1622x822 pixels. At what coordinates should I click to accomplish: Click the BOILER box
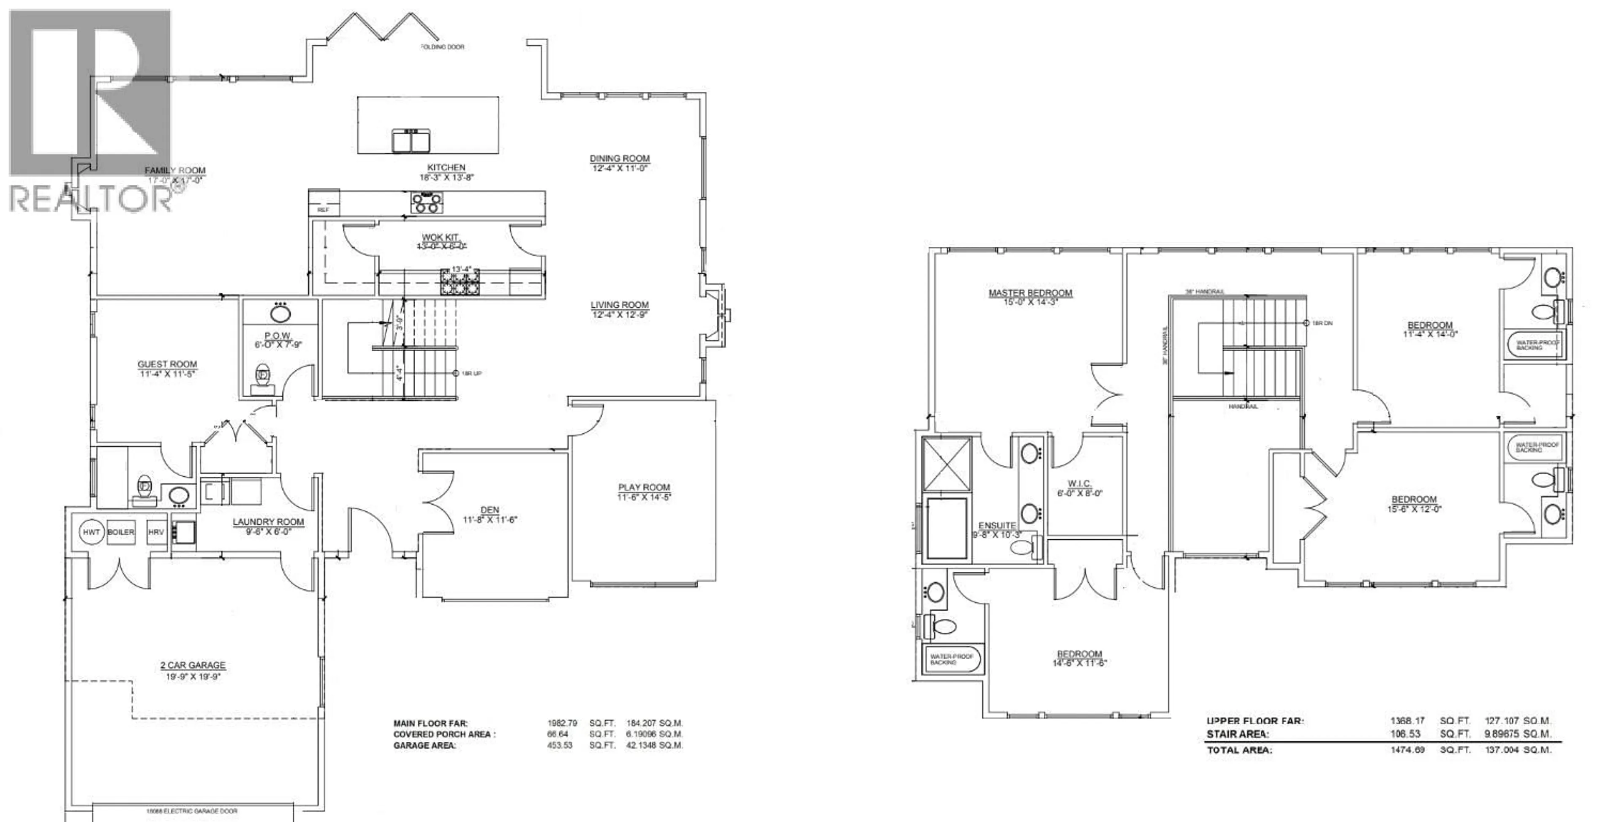click(121, 532)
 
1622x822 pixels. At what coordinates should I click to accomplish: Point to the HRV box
click(155, 532)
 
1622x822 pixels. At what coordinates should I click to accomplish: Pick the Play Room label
click(643, 487)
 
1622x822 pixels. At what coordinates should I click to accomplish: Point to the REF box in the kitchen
click(323, 210)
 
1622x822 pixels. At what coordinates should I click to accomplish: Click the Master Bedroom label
click(1030, 293)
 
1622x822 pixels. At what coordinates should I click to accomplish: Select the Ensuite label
click(997, 525)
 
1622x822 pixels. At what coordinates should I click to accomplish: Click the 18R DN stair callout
click(1322, 323)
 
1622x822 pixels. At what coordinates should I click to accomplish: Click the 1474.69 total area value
click(1407, 750)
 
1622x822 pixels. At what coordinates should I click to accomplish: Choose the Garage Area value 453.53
click(560, 745)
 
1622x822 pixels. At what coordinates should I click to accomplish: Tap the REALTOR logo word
click(91, 199)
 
